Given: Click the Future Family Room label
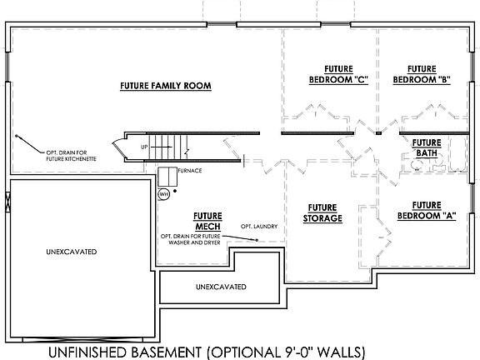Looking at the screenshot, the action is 166,86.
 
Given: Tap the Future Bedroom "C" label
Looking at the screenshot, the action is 338,74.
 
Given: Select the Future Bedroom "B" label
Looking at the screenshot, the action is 422,74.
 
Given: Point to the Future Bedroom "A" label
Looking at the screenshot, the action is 427,211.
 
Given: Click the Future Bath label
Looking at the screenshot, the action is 427,147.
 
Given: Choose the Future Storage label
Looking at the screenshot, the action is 322,213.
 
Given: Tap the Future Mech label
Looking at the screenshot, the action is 207,222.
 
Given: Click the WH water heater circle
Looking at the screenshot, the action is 164,194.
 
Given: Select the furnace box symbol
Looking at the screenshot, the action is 167,177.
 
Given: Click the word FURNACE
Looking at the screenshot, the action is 190,171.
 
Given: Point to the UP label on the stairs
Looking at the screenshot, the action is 144,147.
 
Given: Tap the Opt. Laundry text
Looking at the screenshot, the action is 259,226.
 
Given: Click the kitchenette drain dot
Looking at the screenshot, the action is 17,136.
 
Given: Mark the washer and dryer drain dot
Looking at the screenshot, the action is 257,240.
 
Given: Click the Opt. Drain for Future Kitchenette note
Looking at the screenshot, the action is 71,156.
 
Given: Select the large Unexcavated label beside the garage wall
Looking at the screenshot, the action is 72,252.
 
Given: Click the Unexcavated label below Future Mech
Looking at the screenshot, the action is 221,287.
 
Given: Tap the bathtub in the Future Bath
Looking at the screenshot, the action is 458,154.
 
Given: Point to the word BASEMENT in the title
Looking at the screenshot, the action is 164,352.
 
